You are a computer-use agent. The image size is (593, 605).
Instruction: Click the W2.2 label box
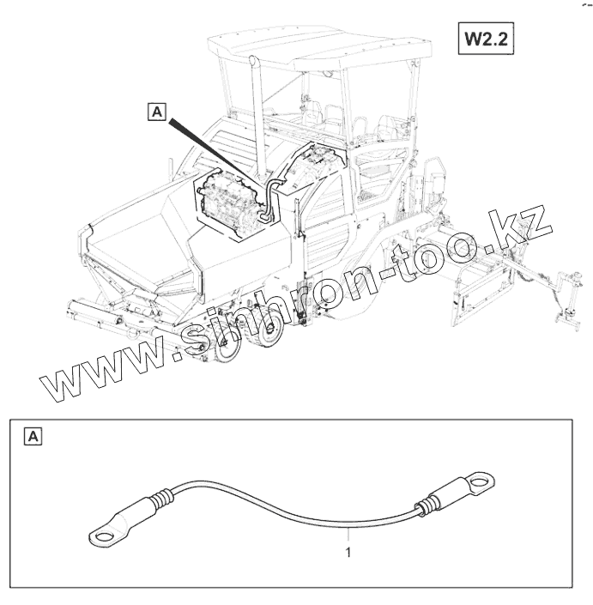pyautogui.click(x=486, y=39)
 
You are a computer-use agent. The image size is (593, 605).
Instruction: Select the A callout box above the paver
pyautogui.click(x=157, y=110)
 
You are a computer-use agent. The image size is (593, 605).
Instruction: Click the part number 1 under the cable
pyautogui.click(x=348, y=554)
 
